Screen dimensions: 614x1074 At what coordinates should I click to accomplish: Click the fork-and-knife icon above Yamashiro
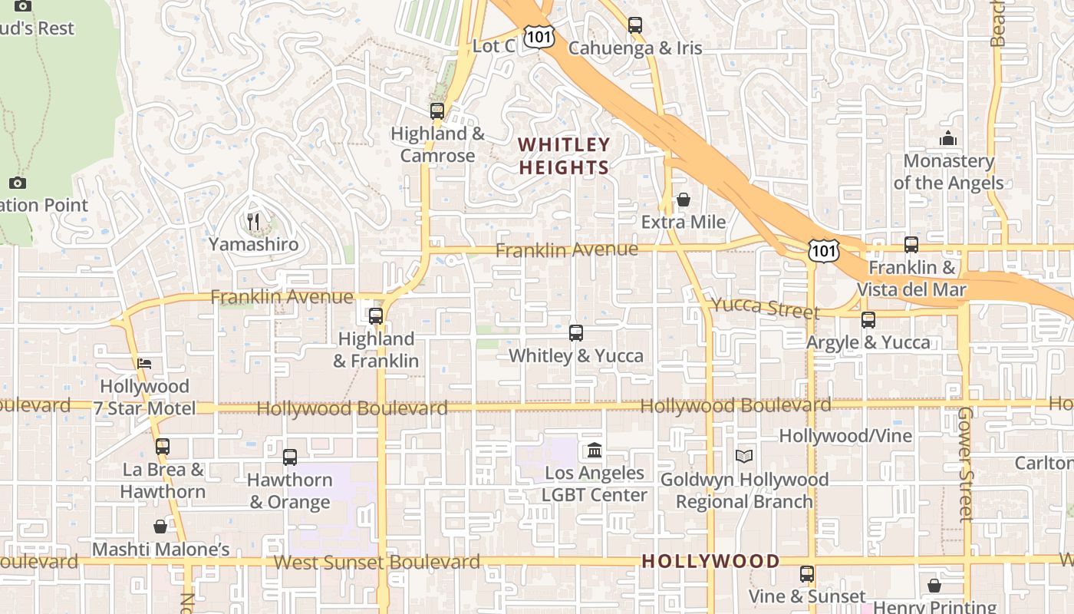click(x=253, y=222)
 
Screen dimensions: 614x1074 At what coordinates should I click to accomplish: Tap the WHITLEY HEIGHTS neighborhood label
click(x=564, y=156)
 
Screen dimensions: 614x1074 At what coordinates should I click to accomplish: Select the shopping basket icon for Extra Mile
click(x=683, y=200)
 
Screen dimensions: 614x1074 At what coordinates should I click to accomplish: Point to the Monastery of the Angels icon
click(x=948, y=139)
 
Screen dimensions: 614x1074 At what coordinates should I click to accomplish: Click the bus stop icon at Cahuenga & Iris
click(x=634, y=25)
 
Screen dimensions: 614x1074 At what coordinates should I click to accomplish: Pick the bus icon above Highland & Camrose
click(x=437, y=111)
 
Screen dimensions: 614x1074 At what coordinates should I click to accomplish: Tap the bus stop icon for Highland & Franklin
click(x=376, y=315)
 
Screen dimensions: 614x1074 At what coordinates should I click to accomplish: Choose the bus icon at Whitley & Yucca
click(x=576, y=332)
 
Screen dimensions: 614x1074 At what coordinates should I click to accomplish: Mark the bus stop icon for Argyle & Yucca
click(x=868, y=319)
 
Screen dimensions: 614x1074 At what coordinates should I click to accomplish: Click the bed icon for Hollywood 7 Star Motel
click(x=144, y=363)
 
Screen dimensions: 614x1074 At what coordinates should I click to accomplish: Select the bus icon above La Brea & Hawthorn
click(x=163, y=446)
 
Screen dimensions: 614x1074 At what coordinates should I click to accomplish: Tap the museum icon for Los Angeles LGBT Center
click(x=595, y=450)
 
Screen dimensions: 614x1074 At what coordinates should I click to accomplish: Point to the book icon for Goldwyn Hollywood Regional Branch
click(x=743, y=456)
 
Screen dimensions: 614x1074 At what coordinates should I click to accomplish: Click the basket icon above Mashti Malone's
click(x=160, y=527)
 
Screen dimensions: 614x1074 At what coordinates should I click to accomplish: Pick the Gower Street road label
click(x=965, y=464)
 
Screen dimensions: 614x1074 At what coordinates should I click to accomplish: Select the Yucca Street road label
click(x=765, y=308)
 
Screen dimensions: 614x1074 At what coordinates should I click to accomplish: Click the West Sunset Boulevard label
click(x=377, y=562)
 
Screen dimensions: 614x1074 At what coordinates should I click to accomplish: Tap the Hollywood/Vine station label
click(x=845, y=436)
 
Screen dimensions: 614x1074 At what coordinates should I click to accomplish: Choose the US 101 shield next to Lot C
click(x=538, y=36)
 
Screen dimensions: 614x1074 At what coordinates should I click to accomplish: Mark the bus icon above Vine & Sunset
click(x=806, y=573)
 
